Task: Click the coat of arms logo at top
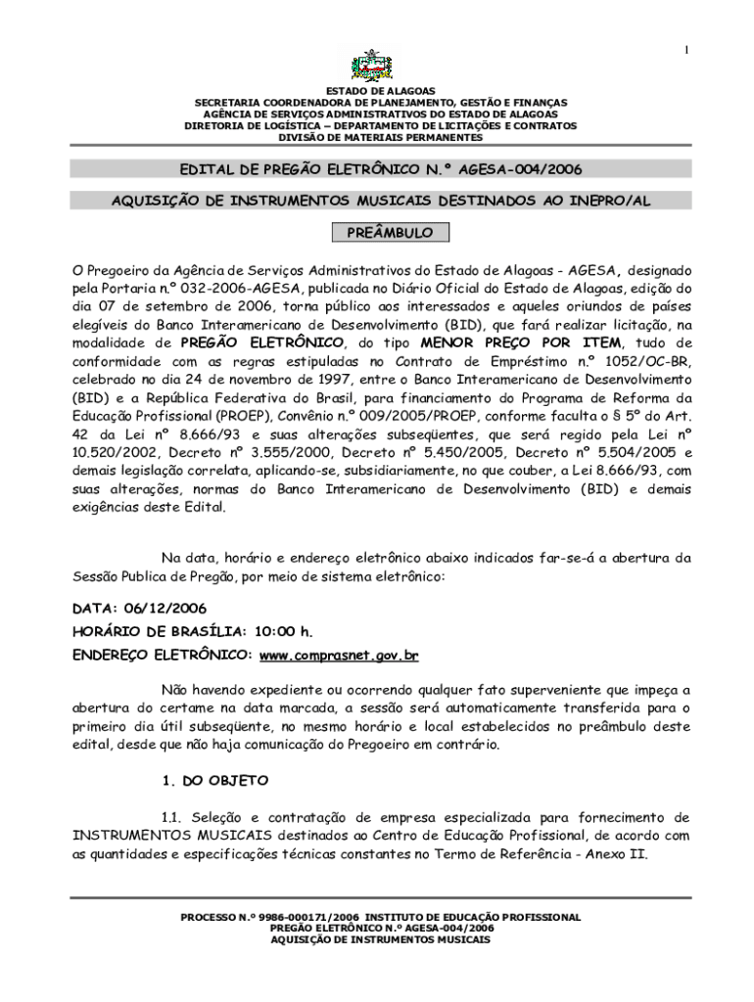point(376,67)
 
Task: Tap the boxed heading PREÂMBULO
point(376,234)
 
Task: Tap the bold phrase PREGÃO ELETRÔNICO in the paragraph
point(263,342)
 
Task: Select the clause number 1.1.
point(172,816)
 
